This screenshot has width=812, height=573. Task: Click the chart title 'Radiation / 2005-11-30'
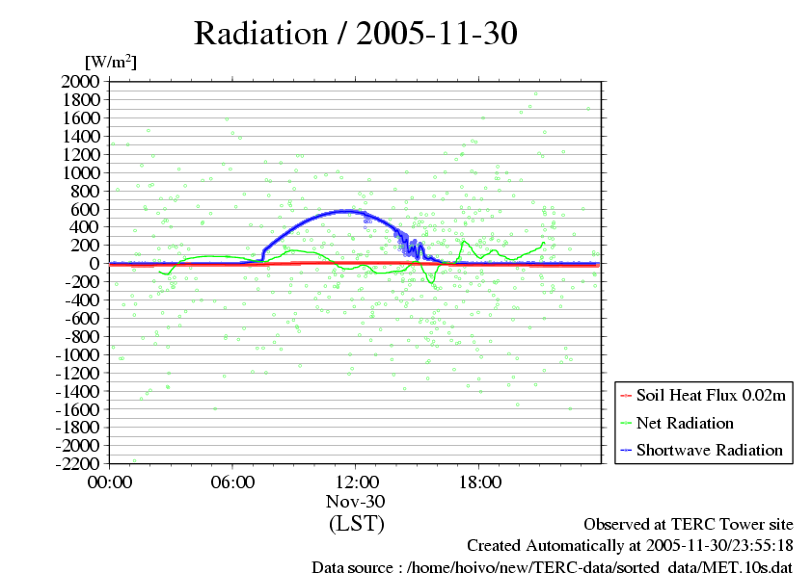point(356,34)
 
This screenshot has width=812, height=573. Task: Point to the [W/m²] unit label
point(111,62)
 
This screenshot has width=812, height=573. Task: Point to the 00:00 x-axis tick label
point(110,482)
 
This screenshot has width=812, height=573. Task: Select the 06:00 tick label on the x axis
point(232,482)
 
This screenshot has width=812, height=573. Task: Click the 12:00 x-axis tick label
point(356,482)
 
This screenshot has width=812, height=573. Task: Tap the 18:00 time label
point(478,482)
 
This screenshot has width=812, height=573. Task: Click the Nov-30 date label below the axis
point(356,502)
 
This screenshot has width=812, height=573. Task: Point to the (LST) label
point(356,524)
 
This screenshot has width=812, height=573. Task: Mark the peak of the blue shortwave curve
point(346,210)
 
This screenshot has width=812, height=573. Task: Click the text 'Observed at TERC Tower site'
point(689,525)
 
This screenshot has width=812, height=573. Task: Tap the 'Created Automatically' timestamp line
point(630,546)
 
